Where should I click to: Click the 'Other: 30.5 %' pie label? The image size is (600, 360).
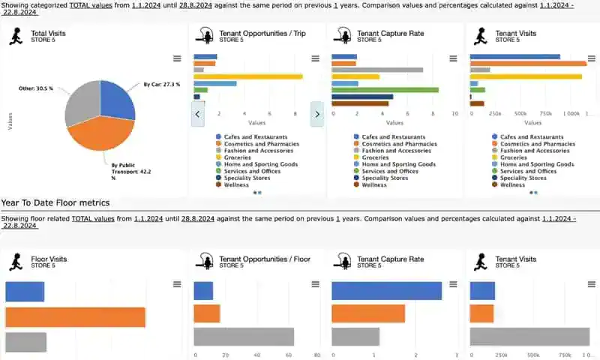(36, 88)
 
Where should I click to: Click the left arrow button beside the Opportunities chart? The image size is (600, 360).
(199, 114)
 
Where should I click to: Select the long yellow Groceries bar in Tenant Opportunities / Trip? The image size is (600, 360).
(247, 76)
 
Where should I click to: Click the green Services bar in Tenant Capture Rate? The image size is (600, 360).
(385, 90)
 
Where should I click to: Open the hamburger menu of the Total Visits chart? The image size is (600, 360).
(176, 58)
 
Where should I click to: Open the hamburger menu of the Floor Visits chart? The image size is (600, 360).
(176, 284)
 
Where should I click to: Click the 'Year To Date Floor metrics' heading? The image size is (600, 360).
(55, 202)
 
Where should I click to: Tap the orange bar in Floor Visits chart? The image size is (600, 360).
(75, 317)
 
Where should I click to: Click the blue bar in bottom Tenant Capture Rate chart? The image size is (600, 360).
(386, 290)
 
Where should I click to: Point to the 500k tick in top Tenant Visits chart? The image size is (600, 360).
(520, 114)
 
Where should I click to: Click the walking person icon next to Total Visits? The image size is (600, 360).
(16, 36)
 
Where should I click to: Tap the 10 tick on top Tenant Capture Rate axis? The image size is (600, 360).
(454, 114)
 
